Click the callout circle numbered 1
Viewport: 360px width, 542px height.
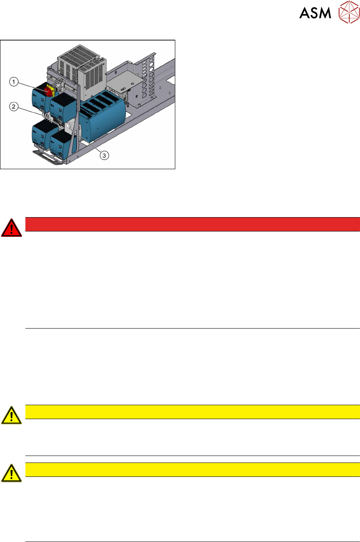[14, 82]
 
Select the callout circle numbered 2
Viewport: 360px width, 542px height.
[14, 107]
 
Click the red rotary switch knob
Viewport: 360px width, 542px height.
[48, 91]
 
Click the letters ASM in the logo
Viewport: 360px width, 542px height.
[315, 14]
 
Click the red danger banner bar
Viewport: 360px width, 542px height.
[192, 224]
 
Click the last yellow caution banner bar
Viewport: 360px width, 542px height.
[192, 469]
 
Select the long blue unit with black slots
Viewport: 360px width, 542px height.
[102, 117]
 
